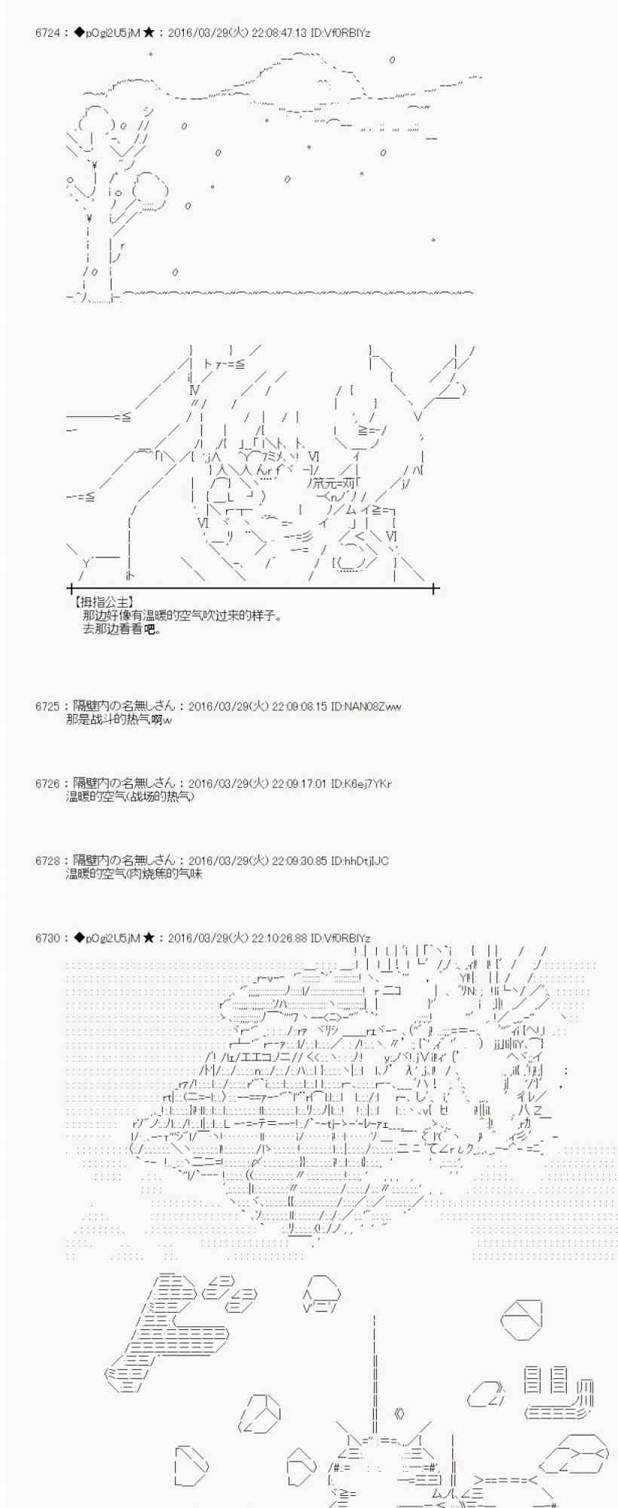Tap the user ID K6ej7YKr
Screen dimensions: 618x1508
point(368,783)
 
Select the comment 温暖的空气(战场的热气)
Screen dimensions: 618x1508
point(130,796)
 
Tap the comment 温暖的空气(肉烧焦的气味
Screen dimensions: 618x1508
point(134,873)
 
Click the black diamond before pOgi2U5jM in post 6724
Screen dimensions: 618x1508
point(79,33)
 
